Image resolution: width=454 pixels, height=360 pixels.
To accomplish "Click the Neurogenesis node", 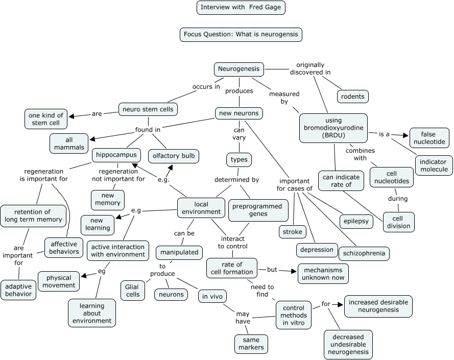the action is pos(239,69).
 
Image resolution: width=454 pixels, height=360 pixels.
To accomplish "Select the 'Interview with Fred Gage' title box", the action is pos(241,8).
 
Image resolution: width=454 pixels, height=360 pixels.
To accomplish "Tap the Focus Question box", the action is pos(241,34).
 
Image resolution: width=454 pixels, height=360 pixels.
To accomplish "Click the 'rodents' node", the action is pos(353,97).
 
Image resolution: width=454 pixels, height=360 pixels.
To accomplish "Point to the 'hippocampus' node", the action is pos(116,155).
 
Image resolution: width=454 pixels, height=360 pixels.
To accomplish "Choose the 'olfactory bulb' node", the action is pos(174,156).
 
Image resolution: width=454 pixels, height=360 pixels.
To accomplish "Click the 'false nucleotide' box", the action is pos(429,138).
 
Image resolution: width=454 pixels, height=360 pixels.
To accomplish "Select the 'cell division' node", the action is pos(398,222).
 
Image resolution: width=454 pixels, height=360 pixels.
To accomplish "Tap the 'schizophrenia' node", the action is pos(364,253).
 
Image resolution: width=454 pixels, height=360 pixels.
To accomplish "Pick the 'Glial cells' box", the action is pos(133,291).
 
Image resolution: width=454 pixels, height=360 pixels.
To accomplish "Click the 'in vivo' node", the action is pos(212,297).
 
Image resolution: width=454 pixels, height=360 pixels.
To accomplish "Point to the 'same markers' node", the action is pos(251,344).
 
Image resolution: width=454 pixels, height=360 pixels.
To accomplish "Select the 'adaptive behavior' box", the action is pos(18,290).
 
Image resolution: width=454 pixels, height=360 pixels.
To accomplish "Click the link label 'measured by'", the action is pos(284,98).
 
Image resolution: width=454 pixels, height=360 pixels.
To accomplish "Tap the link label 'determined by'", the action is pos(236,180).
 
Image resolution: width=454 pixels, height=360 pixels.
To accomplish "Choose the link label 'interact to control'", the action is pos(233,243).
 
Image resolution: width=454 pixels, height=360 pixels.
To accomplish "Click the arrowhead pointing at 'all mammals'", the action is pos(92,139).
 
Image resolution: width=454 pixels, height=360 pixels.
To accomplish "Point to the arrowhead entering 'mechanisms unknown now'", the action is pos(294,271).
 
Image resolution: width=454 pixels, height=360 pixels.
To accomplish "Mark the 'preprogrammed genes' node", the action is pos(258,210).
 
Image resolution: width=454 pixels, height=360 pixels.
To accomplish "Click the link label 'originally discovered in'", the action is pos(310,68).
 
